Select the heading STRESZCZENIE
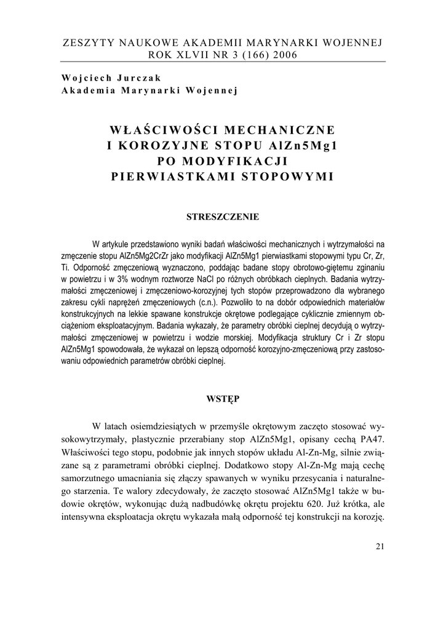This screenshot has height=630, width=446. tap(223, 217)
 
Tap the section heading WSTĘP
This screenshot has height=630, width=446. tap(223, 399)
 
